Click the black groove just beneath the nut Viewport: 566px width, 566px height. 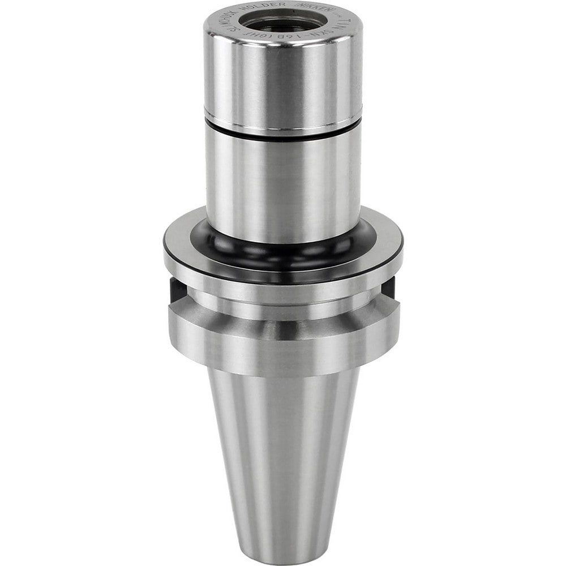click(x=283, y=136)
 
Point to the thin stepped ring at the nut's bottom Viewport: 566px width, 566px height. click(x=283, y=126)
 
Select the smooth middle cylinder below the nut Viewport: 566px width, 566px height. click(x=283, y=181)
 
